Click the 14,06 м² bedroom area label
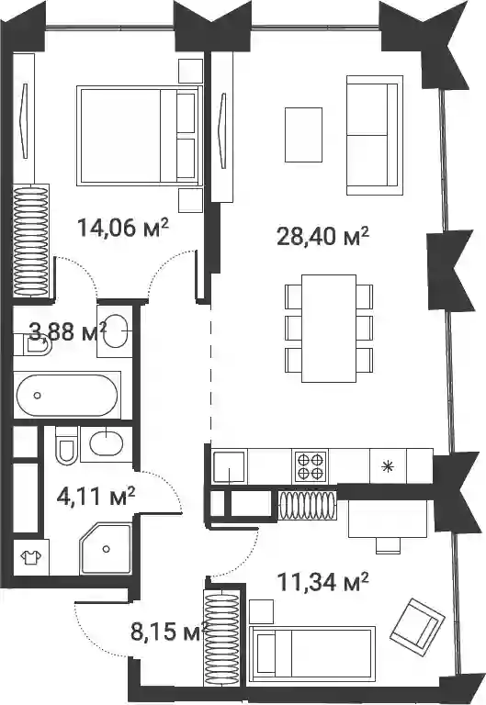point(123,227)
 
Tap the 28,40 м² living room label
point(322,236)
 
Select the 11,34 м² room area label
point(323,582)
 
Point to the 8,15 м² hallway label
point(169,632)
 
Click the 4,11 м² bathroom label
point(96,496)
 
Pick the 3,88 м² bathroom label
point(68,331)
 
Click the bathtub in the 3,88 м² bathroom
point(67,396)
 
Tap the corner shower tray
point(106,549)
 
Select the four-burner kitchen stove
point(311,465)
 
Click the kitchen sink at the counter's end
point(230,466)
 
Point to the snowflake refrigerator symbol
point(386,466)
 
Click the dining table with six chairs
point(329,329)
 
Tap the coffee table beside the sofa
point(304,134)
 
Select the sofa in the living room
point(375,135)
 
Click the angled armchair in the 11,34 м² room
point(417,621)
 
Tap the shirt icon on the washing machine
point(31,557)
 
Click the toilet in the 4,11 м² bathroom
point(66,445)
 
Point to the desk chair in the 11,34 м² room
point(388,545)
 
